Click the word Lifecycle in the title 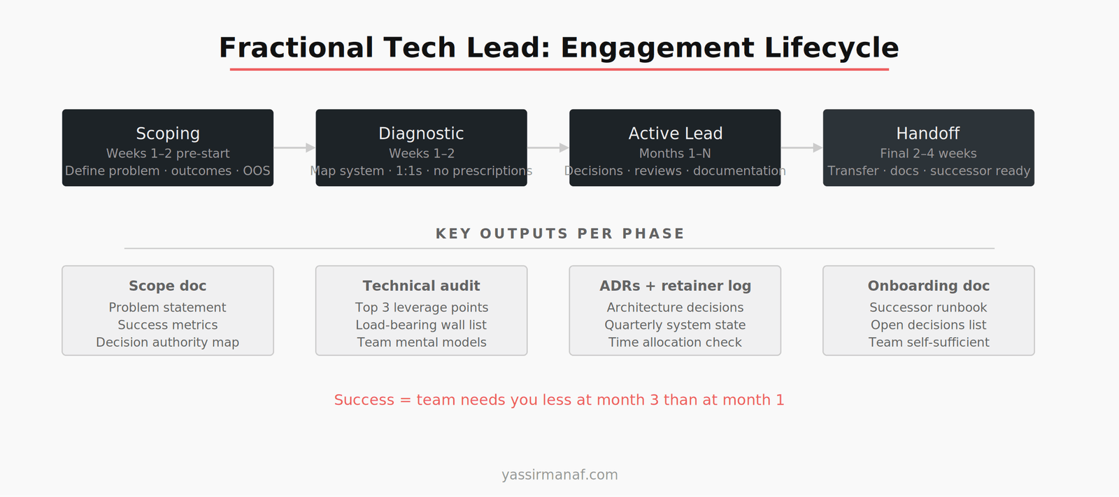pyautogui.click(x=831, y=48)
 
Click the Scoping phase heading pyautogui.click(x=168, y=134)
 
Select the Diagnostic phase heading pyautogui.click(x=421, y=134)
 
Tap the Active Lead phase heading pyautogui.click(x=675, y=134)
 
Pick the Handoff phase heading pyautogui.click(x=928, y=134)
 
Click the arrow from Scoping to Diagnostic pyautogui.click(x=294, y=147)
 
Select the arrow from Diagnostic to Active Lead pyautogui.click(x=548, y=147)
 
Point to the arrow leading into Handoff pyautogui.click(x=801, y=147)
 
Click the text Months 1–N pyautogui.click(x=675, y=154)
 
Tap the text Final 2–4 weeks pyautogui.click(x=928, y=154)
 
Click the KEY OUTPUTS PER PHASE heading pyautogui.click(x=559, y=233)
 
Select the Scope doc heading pyautogui.click(x=168, y=286)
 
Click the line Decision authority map pyautogui.click(x=168, y=343)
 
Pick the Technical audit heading pyautogui.click(x=421, y=286)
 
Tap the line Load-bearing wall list pyautogui.click(x=421, y=325)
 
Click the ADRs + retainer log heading pyautogui.click(x=675, y=286)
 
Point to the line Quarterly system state pyautogui.click(x=675, y=325)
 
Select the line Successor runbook pyautogui.click(x=928, y=308)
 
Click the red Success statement pyautogui.click(x=559, y=400)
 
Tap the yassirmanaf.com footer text pyautogui.click(x=559, y=475)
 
